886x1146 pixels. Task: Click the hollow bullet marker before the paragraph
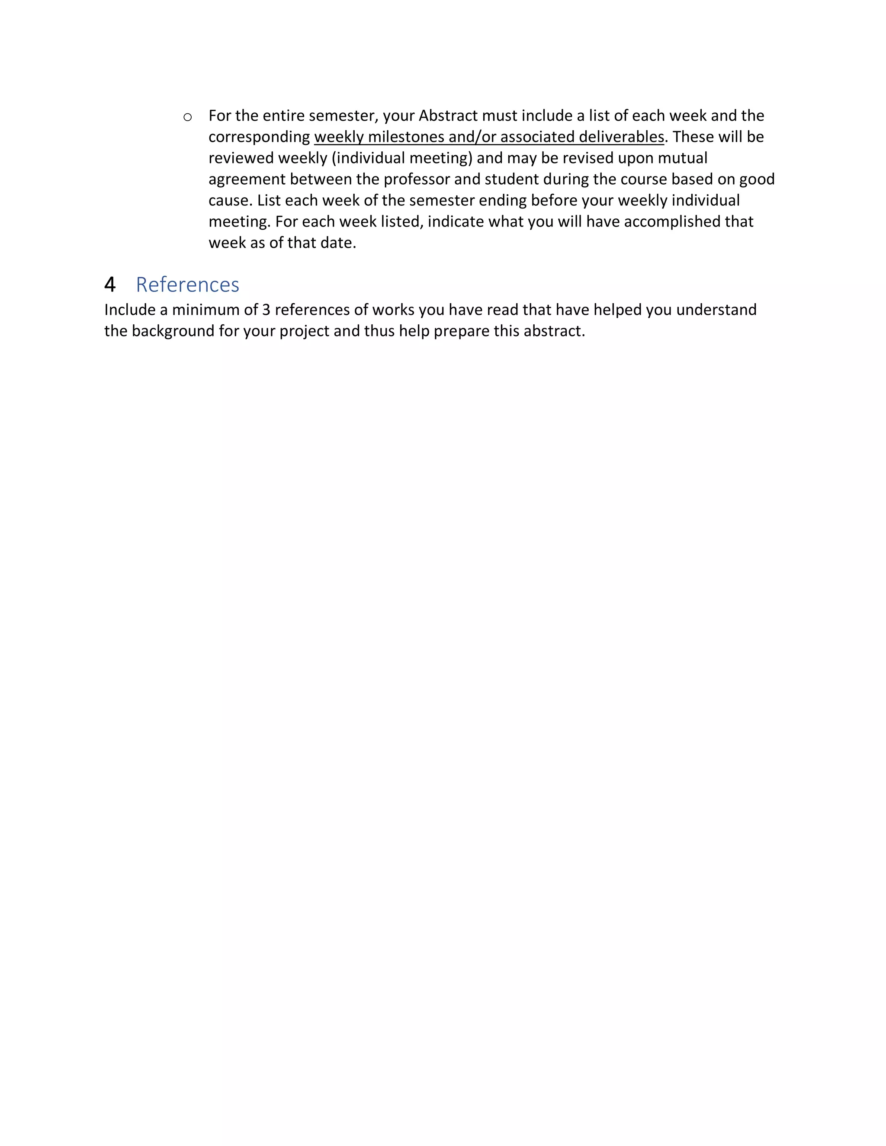point(187,117)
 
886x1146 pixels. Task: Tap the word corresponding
point(259,137)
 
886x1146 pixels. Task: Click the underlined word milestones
point(406,137)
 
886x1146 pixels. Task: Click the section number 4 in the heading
point(110,285)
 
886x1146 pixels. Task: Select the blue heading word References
point(187,285)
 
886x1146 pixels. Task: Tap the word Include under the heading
point(130,310)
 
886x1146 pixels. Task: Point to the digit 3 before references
point(266,310)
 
